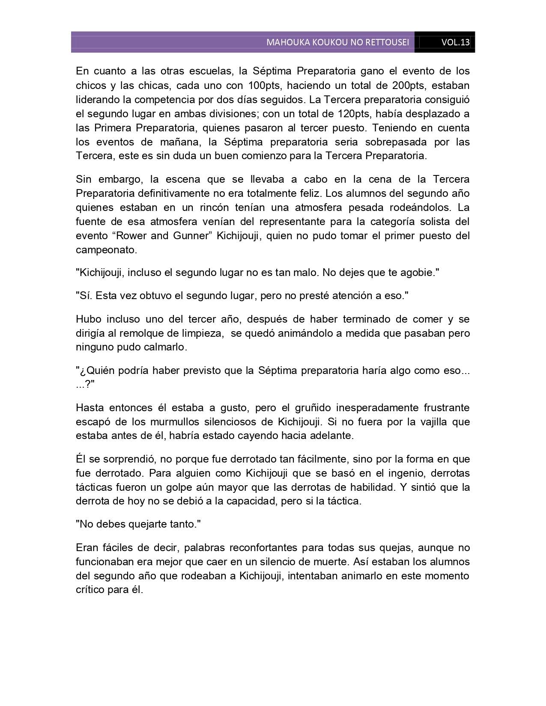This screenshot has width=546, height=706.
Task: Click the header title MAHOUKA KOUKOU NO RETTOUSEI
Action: [337, 42]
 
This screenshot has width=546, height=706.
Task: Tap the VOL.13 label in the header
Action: [456, 42]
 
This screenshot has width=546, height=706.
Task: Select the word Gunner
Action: [193, 236]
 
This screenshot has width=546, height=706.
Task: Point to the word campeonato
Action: [106, 250]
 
